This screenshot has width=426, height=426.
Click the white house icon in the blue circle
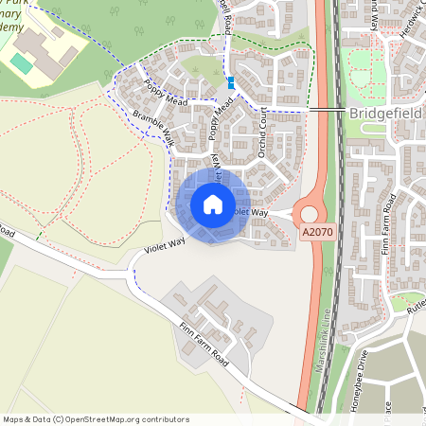click(213, 204)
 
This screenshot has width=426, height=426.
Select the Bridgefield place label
click(386, 113)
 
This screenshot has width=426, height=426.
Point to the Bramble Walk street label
click(153, 132)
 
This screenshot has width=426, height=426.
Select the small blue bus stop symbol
click(232, 82)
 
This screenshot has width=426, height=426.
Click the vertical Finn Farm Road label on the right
click(388, 228)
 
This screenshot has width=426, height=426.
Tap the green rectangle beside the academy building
click(21, 62)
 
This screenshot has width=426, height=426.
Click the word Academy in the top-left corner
click(14, 27)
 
